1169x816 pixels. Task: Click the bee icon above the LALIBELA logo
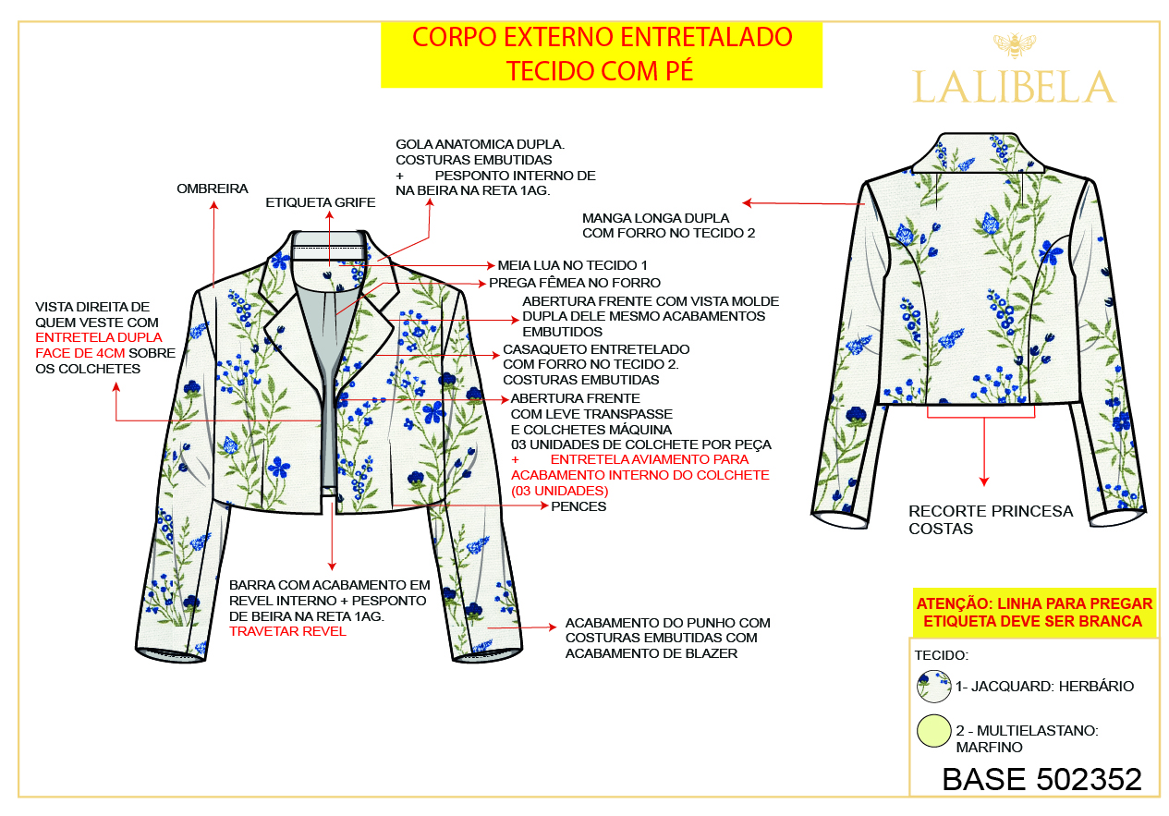pyautogui.click(x=1014, y=45)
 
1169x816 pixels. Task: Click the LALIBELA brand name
pyautogui.click(x=1014, y=87)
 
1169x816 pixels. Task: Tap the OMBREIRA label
pyautogui.click(x=213, y=189)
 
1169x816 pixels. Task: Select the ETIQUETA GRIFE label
pyautogui.click(x=321, y=202)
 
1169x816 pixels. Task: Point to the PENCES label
pyautogui.click(x=578, y=506)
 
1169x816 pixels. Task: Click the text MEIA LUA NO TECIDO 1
pyautogui.click(x=572, y=265)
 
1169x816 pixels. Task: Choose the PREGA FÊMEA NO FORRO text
pyautogui.click(x=575, y=283)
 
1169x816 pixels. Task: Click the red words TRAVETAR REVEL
pyautogui.click(x=287, y=631)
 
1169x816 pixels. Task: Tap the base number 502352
pyautogui.click(x=1089, y=779)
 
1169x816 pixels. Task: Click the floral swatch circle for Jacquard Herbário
pyautogui.click(x=933, y=686)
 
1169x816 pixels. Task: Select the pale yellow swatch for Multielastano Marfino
pyautogui.click(x=933, y=730)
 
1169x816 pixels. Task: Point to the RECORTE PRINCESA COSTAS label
pyautogui.click(x=991, y=519)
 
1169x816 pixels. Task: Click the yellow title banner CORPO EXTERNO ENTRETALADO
pyautogui.click(x=602, y=55)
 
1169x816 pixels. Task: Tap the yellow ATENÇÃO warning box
pyautogui.click(x=1034, y=613)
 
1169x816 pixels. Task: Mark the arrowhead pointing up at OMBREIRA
pyautogui.click(x=213, y=205)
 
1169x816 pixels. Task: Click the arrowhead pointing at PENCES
pyautogui.click(x=543, y=505)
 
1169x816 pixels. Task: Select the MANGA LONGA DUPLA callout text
pyautogui.click(x=668, y=225)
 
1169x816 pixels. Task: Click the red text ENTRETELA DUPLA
pyautogui.click(x=99, y=337)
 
